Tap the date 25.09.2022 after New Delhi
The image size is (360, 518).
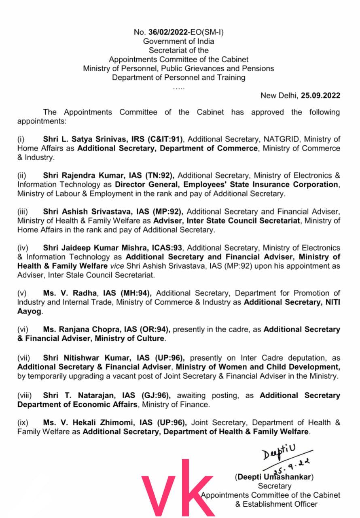pos(320,96)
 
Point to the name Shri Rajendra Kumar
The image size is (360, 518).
pos(77,176)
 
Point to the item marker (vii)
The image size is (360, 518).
pos(24,358)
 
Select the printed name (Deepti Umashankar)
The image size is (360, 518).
pos(274,477)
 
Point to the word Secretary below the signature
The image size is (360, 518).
pos(275,486)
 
